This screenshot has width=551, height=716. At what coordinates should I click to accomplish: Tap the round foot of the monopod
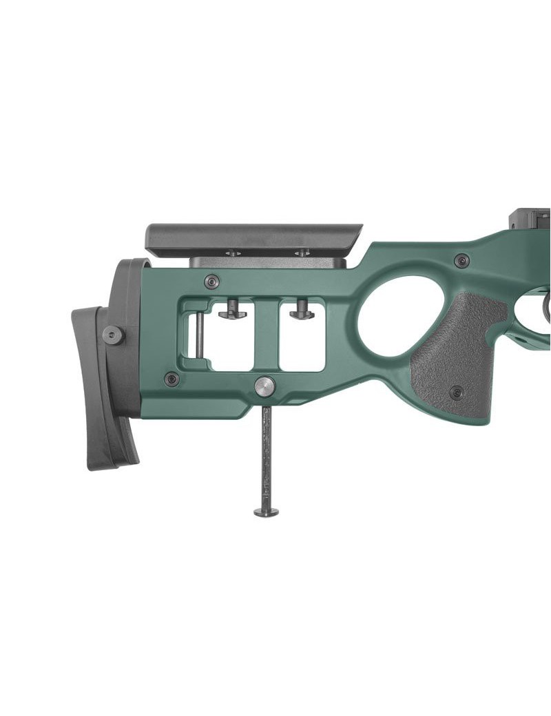pyautogui.click(x=266, y=512)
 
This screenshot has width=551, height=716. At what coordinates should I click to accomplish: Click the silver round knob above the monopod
pyautogui.click(x=264, y=386)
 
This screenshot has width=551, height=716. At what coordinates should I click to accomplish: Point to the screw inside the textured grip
pyautogui.click(x=456, y=392)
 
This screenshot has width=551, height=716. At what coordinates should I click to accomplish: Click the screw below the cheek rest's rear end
pyautogui.click(x=212, y=281)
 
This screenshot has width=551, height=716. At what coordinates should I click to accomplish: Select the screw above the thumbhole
pyautogui.click(x=461, y=260)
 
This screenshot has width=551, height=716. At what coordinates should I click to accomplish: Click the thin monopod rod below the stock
pyautogui.click(x=266, y=454)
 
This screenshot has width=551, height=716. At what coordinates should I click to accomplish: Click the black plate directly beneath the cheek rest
pyautogui.click(x=269, y=262)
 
